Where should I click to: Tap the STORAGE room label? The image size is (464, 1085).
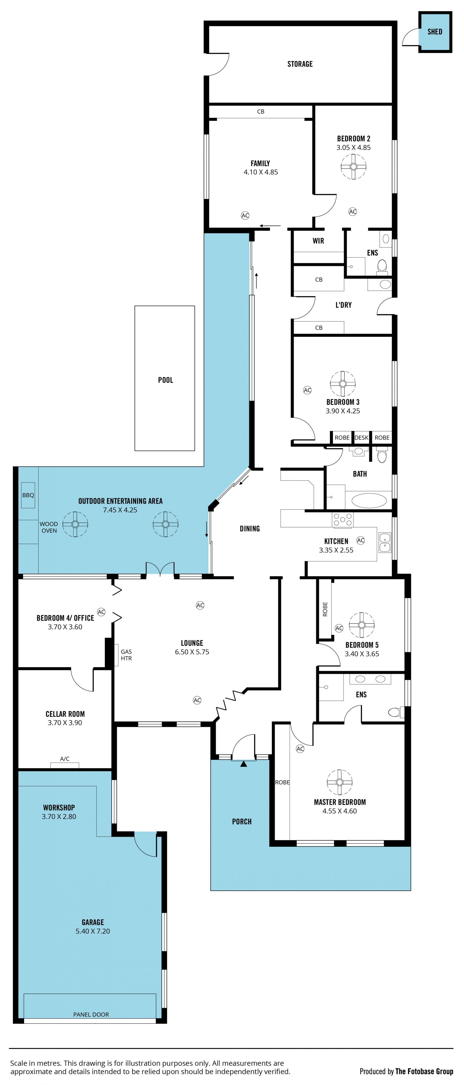tap(300, 64)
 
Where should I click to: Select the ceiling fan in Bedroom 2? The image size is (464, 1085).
tap(353, 166)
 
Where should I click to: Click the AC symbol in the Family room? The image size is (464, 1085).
tap(245, 215)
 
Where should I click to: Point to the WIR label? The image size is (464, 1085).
tap(318, 241)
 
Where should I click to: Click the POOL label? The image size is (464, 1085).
tap(166, 380)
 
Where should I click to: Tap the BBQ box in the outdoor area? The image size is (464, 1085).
tap(28, 495)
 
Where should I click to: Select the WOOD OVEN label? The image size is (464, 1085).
tap(49, 527)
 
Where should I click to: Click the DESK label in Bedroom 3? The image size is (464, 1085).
tap(361, 438)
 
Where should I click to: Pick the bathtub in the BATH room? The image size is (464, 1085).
tap(369, 500)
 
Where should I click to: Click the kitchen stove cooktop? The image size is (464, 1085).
tap(343, 520)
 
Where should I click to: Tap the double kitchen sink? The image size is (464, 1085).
tap(385, 543)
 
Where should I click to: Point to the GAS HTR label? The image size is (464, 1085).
tap(126, 655)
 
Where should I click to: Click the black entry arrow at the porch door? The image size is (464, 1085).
tap(244, 763)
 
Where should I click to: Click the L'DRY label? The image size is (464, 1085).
tap(343, 305)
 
